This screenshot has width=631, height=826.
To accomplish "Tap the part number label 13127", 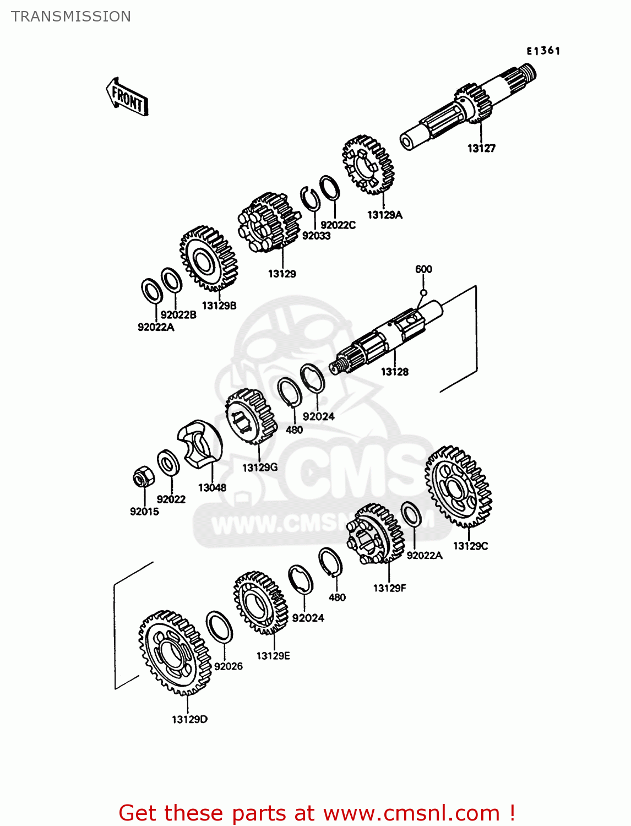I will (481, 148).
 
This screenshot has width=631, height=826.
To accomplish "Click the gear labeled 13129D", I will (174, 653).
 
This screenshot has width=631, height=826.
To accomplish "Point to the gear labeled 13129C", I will (458, 487).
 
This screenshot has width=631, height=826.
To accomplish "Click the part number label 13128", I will (395, 372).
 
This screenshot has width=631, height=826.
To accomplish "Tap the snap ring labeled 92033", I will (311, 198).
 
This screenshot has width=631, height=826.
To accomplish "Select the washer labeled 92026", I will (219, 627).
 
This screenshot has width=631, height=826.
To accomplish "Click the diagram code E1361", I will (543, 51).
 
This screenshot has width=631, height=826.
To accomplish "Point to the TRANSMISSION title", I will (71, 17).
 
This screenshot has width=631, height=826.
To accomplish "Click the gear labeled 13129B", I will (208, 259).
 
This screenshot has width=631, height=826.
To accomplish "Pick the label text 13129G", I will (260, 468).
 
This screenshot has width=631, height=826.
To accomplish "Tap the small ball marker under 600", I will (423, 292).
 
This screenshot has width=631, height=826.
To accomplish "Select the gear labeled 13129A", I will (368, 165).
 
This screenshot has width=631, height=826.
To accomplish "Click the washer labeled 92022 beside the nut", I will (168, 463).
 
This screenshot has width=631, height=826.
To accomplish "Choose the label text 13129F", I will (389, 588).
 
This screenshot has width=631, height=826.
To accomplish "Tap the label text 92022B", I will (178, 315).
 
